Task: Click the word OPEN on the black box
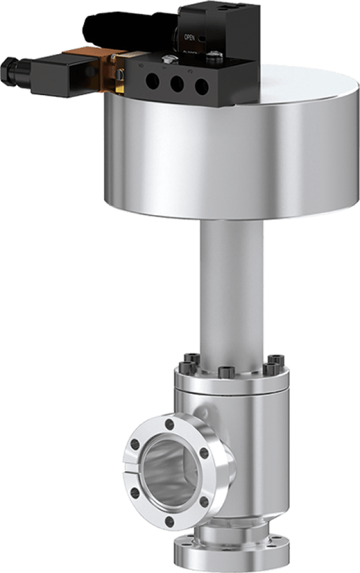[189, 37]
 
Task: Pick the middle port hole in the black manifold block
[176, 84]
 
